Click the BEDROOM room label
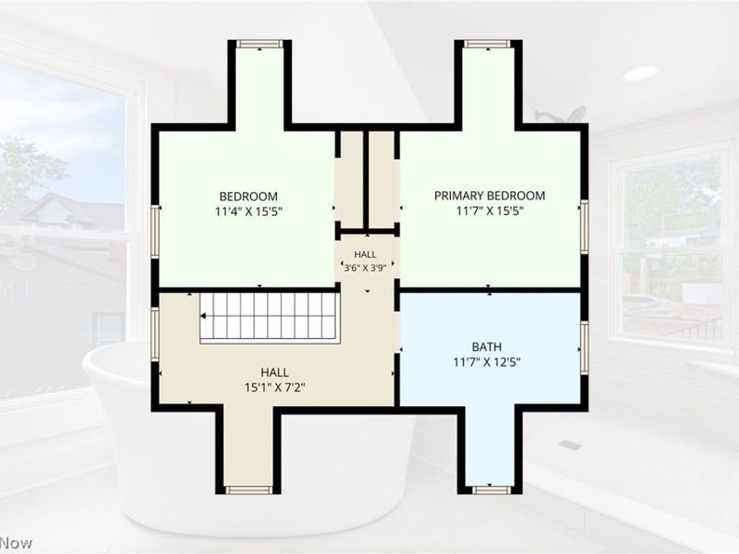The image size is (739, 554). (x=248, y=196)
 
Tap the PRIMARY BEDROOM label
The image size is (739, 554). (x=490, y=196)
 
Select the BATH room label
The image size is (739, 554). (x=487, y=347)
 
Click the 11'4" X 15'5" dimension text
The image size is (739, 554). (x=248, y=211)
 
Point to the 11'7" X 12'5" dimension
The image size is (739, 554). (x=487, y=362)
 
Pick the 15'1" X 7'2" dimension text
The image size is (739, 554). (x=274, y=388)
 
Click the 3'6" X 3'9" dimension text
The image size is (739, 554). (x=365, y=268)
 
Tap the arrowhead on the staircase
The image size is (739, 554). (x=203, y=316)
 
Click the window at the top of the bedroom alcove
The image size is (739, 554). (x=260, y=43)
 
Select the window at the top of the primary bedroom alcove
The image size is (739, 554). (x=488, y=43)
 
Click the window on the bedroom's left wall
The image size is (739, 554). (x=155, y=231)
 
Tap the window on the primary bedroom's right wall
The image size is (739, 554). (x=585, y=226)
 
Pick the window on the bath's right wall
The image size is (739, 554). (x=585, y=348)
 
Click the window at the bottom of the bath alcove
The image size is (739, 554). (x=491, y=490)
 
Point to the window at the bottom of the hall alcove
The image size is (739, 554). (x=248, y=490)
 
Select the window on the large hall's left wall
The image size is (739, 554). (x=155, y=334)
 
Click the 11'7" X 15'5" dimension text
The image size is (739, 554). (x=490, y=211)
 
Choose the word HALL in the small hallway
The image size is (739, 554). (x=365, y=255)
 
